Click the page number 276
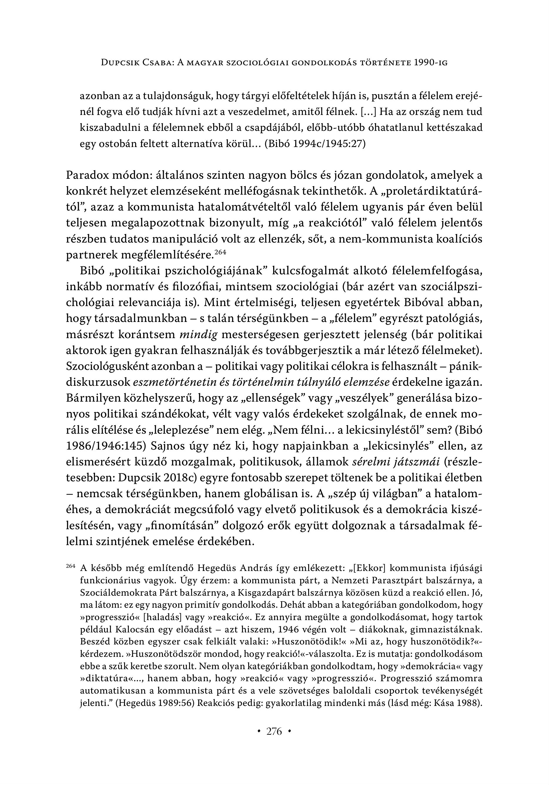pos(274,731)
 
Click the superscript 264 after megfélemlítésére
pos(220,253)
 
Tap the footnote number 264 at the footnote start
pos(71,566)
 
